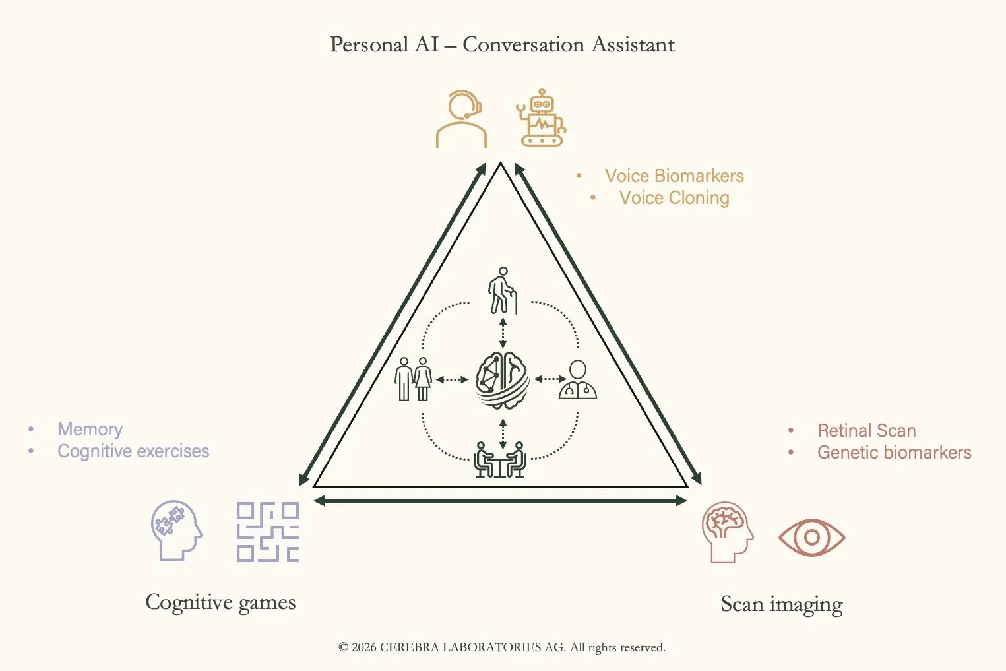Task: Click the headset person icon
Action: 461,119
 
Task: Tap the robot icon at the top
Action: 541,118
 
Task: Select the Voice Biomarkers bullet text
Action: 674,176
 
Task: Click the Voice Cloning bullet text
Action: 674,198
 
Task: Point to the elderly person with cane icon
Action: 503,290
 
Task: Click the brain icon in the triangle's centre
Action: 503,380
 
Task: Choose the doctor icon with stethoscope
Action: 578,380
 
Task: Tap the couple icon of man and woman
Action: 414,379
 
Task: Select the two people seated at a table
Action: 499,459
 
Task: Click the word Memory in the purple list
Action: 90,430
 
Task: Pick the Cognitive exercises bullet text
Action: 133,451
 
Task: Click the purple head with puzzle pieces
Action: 175,530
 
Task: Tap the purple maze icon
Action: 267,532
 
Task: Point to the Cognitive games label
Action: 220,602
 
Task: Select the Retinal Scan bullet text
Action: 866,431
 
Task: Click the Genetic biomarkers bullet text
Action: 894,453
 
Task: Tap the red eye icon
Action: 811,538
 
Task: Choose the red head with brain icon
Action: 727,532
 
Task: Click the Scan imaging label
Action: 782,604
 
